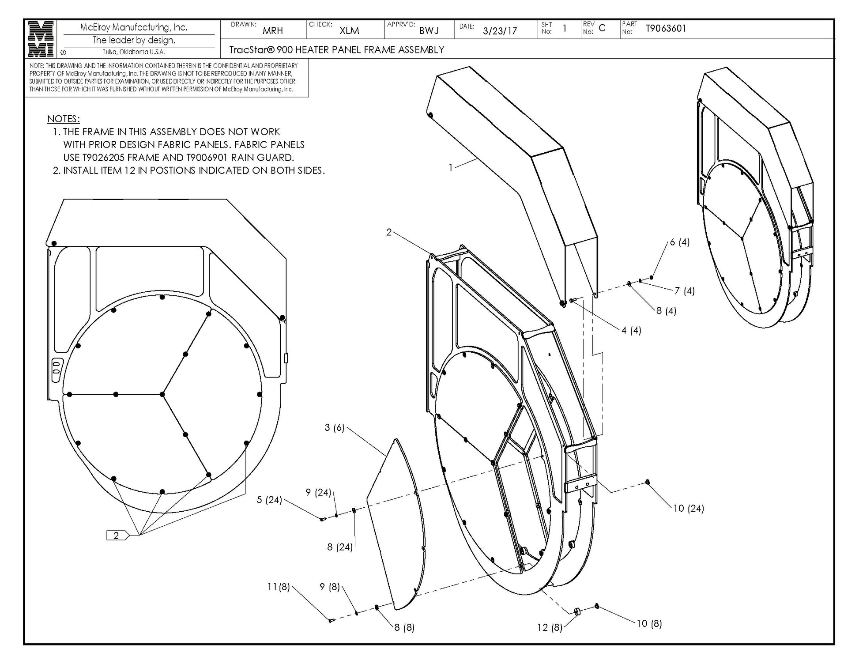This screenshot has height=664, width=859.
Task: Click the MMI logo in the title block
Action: coord(41,39)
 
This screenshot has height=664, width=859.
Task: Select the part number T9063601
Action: coord(666,29)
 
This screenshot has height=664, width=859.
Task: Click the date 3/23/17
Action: coord(500,31)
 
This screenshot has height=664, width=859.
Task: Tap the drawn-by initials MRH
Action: coord(272,30)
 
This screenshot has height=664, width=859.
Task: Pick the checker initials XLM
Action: coord(349,30)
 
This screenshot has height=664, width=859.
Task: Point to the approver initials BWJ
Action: coord(429,30)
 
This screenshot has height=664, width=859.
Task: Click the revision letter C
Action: coord(602,28)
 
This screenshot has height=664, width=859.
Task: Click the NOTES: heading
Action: coord(63,119)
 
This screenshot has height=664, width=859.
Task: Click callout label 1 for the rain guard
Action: coord(450,168)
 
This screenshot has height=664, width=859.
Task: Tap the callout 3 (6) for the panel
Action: coord(334,427)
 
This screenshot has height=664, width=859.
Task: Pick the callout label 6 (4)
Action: coord(679,242)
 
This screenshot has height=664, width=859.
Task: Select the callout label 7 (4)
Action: coord(684,290)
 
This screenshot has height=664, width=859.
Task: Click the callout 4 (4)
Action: coord(631,330)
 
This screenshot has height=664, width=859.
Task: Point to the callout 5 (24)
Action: coord(269,500)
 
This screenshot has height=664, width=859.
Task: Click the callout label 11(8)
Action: coord(279,587)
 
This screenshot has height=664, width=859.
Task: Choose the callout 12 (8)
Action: coord(550,627)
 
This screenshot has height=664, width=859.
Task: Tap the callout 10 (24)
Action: coord(688,508)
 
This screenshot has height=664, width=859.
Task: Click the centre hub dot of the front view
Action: coord(162,394)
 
